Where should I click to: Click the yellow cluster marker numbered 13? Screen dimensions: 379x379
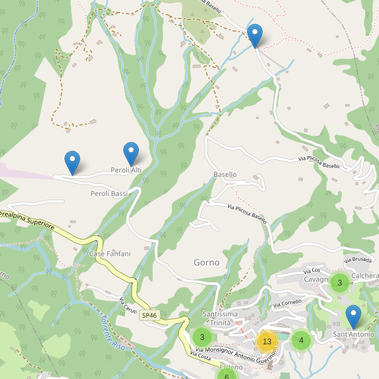267,342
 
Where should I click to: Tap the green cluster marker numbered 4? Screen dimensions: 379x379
301,340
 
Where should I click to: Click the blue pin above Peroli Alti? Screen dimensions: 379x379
131,153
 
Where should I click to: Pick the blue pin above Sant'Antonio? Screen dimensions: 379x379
354,316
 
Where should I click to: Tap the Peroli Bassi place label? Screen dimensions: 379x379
109,193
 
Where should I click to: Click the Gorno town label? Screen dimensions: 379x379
207,262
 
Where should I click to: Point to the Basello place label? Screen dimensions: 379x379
225,174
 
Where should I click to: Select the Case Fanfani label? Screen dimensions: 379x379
109,254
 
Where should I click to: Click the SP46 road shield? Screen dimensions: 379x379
149,315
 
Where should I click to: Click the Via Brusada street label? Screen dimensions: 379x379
358,259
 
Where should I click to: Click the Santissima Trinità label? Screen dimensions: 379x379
220,318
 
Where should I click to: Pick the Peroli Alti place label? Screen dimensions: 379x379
126,170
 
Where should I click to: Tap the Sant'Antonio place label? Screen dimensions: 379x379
353,334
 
